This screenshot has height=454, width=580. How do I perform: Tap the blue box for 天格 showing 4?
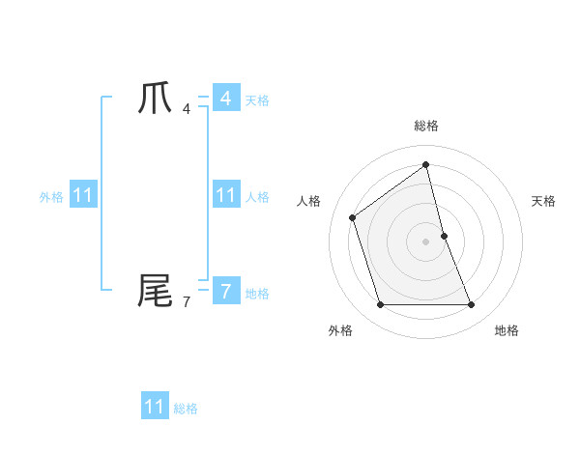225,99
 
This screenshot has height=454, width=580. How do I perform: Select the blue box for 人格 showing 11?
225,195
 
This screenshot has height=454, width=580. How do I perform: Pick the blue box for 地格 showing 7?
225,291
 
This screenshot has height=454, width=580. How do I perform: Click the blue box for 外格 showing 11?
83,195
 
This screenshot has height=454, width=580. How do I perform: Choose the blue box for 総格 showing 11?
155,407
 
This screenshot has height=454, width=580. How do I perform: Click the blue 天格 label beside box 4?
257,100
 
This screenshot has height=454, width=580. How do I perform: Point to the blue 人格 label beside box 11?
257,197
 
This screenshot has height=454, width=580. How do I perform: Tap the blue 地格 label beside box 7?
257,294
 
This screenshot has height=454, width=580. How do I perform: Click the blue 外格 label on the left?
51,197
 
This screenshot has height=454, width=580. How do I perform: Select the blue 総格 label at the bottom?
186,409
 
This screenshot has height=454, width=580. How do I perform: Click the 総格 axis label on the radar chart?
426,126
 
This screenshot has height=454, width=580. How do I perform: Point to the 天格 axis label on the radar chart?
543,201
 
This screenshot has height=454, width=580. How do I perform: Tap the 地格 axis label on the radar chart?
507,330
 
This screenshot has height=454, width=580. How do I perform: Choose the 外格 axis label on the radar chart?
340,330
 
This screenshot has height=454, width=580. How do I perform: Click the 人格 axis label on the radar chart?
308,201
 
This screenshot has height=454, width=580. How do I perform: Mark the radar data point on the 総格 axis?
426,164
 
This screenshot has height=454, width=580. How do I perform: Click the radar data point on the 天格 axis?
444,235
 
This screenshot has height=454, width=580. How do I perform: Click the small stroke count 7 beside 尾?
187,301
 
